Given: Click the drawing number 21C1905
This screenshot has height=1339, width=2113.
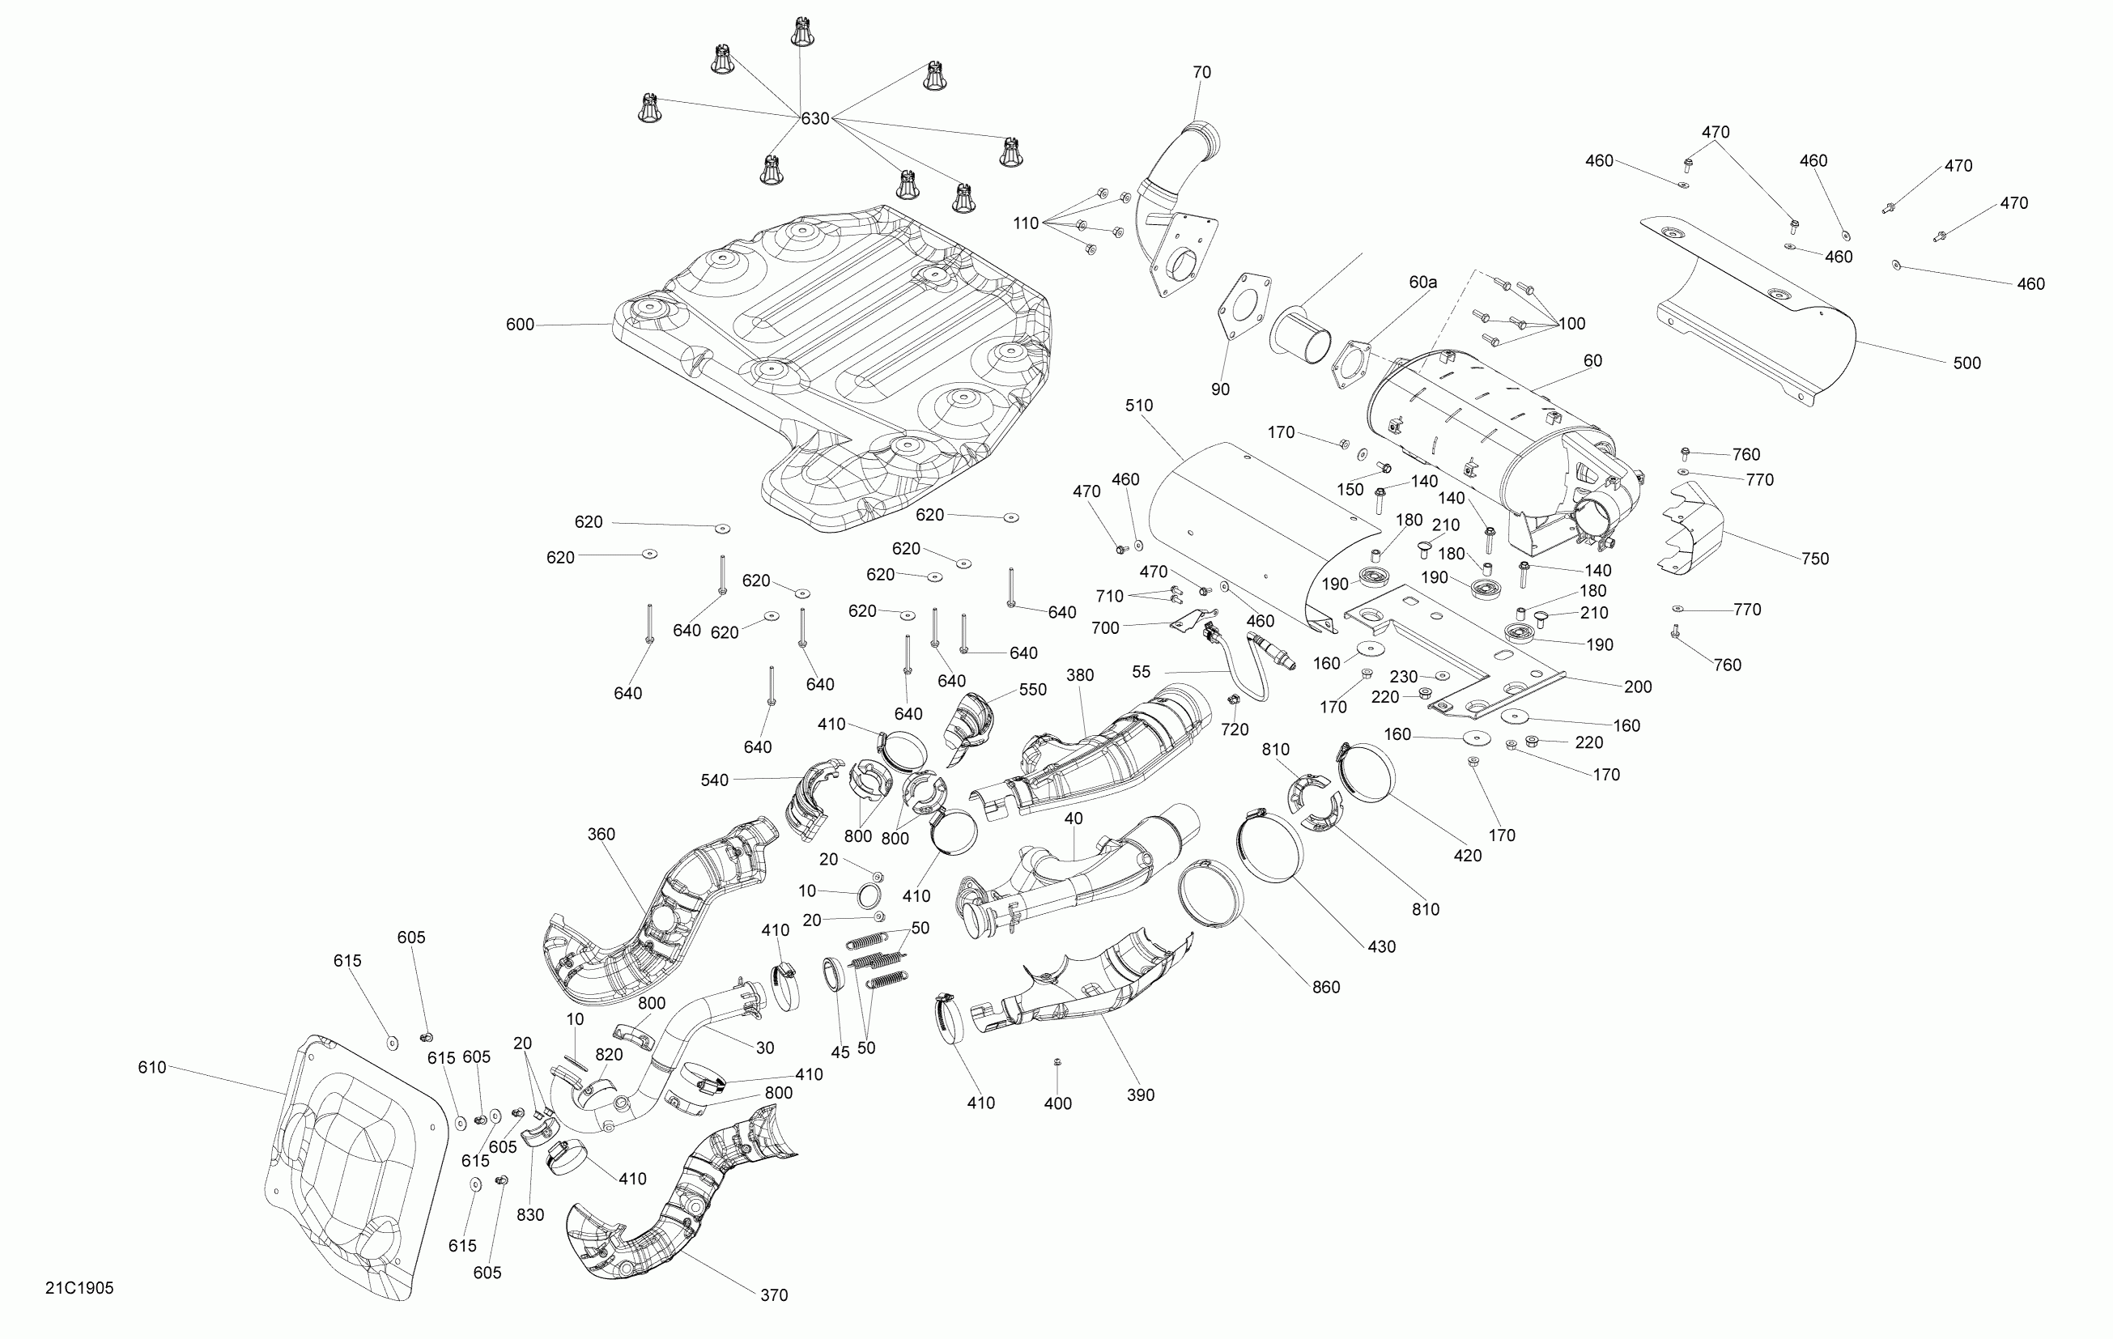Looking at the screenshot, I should tap(79, 1288).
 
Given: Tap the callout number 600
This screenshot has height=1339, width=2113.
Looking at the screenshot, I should tap(520, 325).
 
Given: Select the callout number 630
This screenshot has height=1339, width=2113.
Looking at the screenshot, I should tap(814, 118).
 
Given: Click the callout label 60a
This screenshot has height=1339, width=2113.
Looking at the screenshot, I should tap(1422, 282).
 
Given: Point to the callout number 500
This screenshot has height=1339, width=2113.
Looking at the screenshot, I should tap(1966, 363).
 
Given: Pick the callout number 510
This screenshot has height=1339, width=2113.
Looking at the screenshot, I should tap(1138, 406).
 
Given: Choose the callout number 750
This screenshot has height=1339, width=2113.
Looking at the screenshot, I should tap(1814, 558).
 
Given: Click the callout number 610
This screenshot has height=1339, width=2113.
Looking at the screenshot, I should tap(152, 1067).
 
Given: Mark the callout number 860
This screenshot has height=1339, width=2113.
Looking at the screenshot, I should tap(1325, 987).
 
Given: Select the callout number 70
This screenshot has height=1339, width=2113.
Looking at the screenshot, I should tap(1201, 72).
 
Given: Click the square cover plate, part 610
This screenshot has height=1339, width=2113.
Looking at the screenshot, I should tap(351, 1167).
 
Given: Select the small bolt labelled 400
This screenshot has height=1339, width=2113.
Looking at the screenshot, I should tap(1057, 1063).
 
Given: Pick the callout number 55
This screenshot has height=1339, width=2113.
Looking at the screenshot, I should tap(1141, 671).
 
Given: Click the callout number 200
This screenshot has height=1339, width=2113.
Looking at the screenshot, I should tap(1638, 687).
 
